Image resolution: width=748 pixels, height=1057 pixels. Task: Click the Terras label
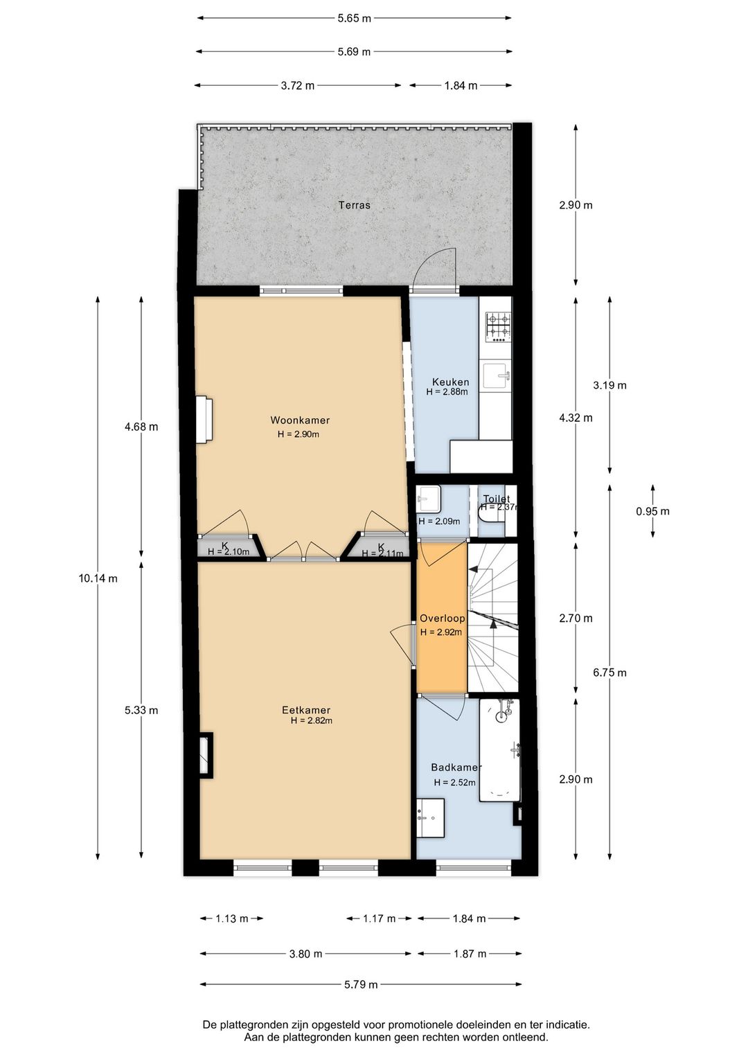point(354,205)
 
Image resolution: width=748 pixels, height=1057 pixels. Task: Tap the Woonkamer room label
point(300,420)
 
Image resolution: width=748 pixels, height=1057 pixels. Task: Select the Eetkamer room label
point(306,710)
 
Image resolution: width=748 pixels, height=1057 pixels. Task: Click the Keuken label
point(450,382)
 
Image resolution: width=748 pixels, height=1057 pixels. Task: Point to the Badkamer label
point(456,767)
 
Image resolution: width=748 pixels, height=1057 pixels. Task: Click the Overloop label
point(442,619)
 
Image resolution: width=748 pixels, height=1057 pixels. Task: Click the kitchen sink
point(497,377)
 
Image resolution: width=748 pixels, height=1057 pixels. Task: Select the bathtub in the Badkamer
point(500,749)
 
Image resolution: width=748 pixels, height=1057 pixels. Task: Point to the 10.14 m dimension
point(98,578)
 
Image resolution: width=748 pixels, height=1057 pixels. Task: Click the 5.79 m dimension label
point(361,984)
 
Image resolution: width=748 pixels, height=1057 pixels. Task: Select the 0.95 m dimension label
point(652,512)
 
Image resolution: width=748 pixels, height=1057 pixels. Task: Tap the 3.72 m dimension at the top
point(297,86)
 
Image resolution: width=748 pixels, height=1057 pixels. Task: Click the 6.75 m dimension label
point(609,673)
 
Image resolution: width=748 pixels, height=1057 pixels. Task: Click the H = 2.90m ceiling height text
point(298,434)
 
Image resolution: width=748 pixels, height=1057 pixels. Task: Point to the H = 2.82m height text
point(311,720)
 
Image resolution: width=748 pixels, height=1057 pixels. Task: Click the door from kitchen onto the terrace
point(434,270)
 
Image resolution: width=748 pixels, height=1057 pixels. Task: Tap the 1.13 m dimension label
point(231,919)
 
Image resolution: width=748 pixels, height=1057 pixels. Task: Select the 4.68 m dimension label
point(141,427)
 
